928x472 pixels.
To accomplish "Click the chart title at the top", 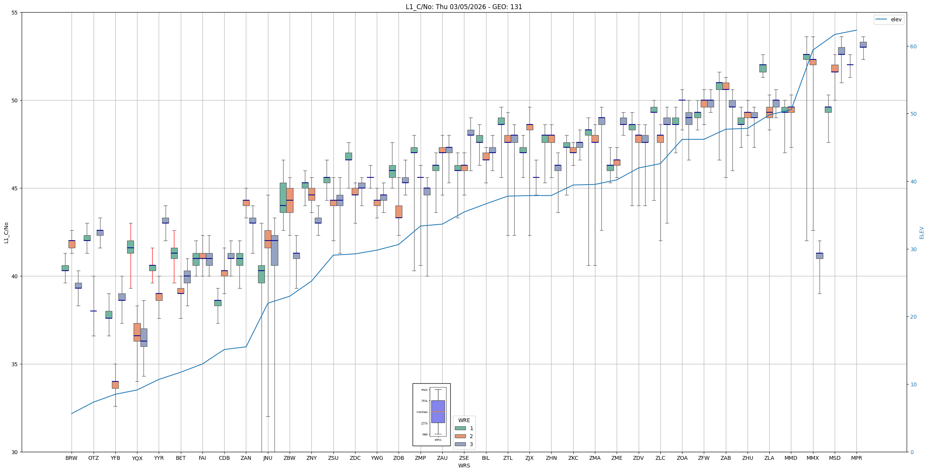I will (x=464, y=7).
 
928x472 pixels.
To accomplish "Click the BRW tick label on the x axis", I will (x=72, y=458).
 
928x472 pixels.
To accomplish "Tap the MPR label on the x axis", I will (x=856, y=458).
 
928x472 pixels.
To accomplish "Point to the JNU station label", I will (x=268, y=458).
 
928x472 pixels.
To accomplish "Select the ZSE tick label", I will (x=464, y=458).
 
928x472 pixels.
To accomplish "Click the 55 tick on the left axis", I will (x=15, y=13).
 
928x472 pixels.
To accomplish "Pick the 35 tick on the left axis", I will (x=15, y=364).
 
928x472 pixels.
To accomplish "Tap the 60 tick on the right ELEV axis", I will (x=913, y=46).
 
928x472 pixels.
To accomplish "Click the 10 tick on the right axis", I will (x=913, y=384).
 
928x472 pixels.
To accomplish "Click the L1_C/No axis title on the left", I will (x=6, y=233).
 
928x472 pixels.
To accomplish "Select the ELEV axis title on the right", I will (x=922, y=233).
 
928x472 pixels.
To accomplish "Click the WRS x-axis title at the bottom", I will (x=464, y=466).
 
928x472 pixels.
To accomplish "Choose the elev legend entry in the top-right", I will (x=888, y=19).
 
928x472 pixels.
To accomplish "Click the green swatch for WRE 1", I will (x=460, y=428).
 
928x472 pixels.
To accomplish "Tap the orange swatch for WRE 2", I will (x=460, y=436).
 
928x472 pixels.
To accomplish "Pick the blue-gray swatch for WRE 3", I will (x=460, y=444).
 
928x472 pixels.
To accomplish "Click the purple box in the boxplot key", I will (x=438, y=411).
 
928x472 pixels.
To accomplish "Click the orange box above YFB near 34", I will (x=115, y=384).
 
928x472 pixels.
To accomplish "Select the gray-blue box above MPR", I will (x=863, y=45).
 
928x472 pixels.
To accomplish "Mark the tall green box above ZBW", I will (x=283, y=198).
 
